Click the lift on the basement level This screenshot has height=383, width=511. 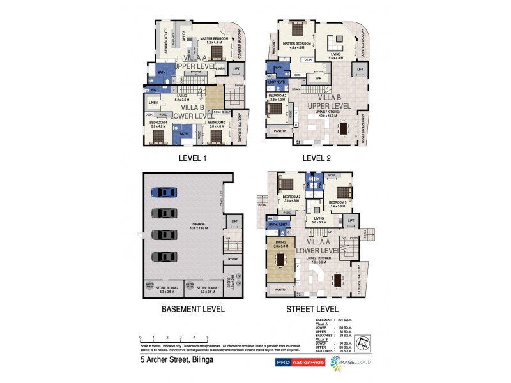[234, 222]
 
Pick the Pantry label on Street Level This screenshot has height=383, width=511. [281, 290]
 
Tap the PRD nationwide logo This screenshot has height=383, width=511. [300, 362]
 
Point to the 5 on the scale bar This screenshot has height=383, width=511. [207, 338]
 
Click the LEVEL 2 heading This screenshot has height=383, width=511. [317, 158]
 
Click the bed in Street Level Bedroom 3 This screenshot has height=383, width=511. [344, 191]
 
